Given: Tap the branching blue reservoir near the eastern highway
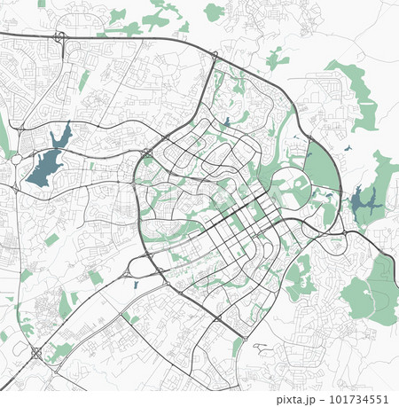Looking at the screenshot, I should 364,203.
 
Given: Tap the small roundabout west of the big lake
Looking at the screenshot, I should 17,160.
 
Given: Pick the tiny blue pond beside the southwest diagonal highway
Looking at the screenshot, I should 135,285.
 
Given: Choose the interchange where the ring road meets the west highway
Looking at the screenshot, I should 144,154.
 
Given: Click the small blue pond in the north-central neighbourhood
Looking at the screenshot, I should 226,122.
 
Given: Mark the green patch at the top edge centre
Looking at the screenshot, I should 214,12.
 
